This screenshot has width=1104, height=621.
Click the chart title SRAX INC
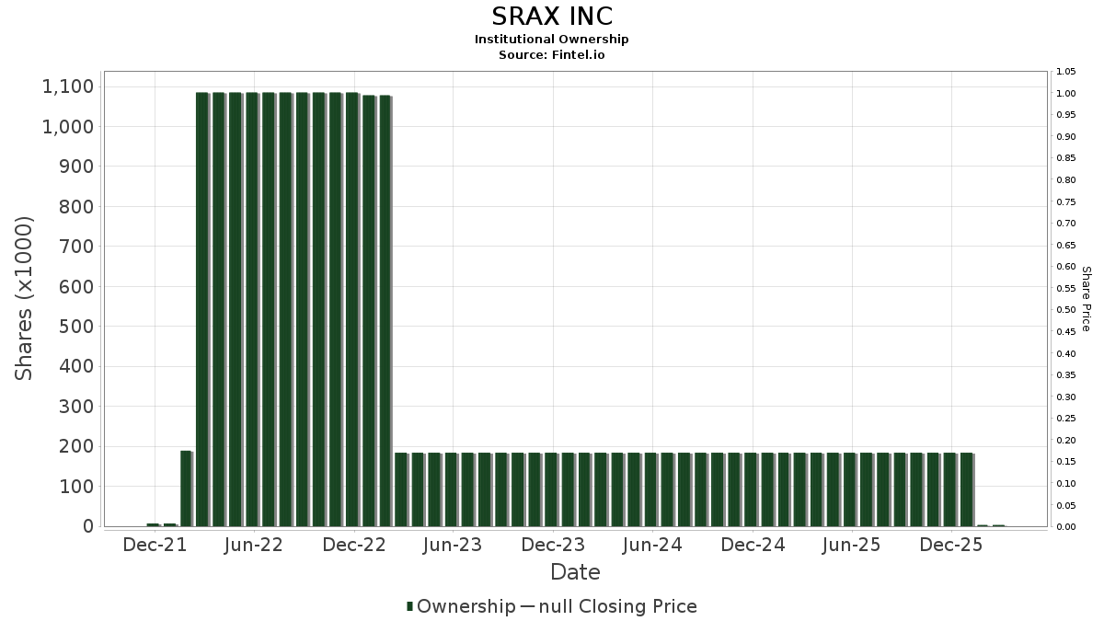(552, 17)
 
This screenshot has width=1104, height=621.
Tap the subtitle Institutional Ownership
(551, 40)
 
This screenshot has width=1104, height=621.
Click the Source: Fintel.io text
(551, 54)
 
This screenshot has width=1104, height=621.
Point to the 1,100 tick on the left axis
(68, 86)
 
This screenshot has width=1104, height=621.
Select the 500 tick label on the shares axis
(75, 327)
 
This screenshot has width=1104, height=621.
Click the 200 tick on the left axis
(75, 446)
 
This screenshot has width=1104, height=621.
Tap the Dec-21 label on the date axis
(155, 545)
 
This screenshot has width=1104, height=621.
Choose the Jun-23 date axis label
(453, 545)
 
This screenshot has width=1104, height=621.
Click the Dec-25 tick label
(951, 545)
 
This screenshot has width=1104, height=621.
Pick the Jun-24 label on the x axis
(652, 545)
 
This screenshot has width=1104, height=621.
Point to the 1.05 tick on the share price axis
(1066, 72)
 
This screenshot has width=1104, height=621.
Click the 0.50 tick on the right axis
(1066, 310)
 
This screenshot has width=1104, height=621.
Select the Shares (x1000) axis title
(24, 299)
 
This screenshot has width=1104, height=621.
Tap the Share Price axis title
(1086, 299)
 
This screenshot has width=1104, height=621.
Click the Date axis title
(575, 572)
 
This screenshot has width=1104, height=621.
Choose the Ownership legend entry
(461, 606)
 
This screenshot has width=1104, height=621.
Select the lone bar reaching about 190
(186, 489)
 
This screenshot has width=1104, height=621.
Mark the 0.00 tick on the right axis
(1066, 527)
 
